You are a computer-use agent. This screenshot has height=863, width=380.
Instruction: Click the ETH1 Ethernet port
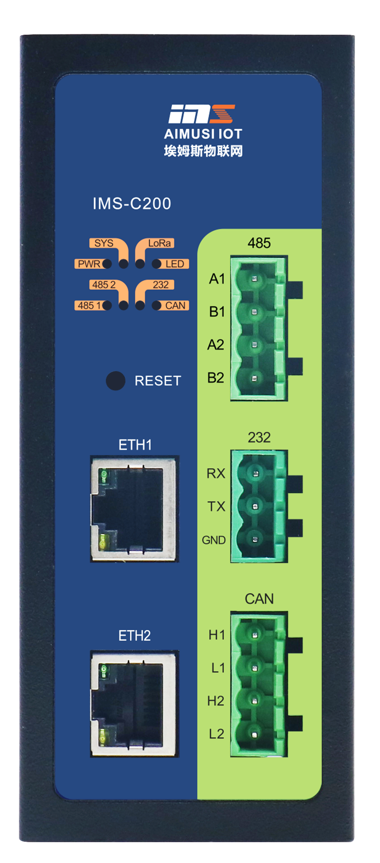click(134, 508)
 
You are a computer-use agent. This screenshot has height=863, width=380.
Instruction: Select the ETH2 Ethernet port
click(134, 703)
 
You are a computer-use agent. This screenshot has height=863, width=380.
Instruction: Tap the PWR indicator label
click(89, 264)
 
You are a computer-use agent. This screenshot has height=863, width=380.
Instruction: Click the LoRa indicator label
click(159, 243)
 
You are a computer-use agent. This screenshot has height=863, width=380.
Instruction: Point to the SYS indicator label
click(104, 243)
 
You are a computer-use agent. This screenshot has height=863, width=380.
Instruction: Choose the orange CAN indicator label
click(175, 306)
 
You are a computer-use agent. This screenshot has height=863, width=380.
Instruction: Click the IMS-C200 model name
click(132, 204)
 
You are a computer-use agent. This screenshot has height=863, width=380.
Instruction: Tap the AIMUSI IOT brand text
click(203, 134)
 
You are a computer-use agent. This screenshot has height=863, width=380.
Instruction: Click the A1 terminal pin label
click(217, 279)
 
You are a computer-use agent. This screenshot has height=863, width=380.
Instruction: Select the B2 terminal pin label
click(216, 378)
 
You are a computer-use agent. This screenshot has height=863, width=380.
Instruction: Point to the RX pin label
click(216, 473)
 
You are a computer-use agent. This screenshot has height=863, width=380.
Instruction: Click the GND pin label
click(214, 540)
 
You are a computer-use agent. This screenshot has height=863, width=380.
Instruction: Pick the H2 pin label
click(216, 701)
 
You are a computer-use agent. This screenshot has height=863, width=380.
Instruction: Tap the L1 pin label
click(218, 668)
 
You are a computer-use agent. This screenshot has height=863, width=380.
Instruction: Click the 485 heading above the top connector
click(259, 243)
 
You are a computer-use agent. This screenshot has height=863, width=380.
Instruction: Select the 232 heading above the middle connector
click(259, 437)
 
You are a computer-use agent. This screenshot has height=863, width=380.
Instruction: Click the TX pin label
click(216, 507)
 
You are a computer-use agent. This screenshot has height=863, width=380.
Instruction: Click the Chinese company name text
click(203, 151)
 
